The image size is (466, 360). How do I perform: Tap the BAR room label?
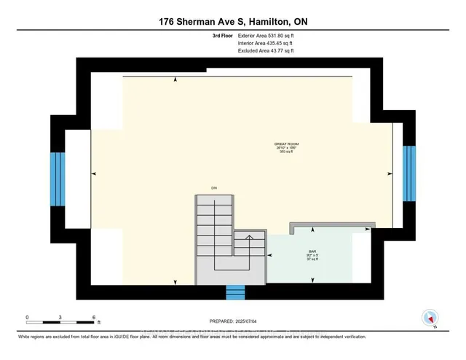pos(311,252)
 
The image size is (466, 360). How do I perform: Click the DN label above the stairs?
pos(214,189)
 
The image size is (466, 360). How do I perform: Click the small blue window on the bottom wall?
pos(235,292)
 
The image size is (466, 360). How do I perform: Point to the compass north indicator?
pos(430,318)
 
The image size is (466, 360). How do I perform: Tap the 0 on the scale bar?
pos(27,318)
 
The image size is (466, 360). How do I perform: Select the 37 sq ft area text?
pos(311,261)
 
